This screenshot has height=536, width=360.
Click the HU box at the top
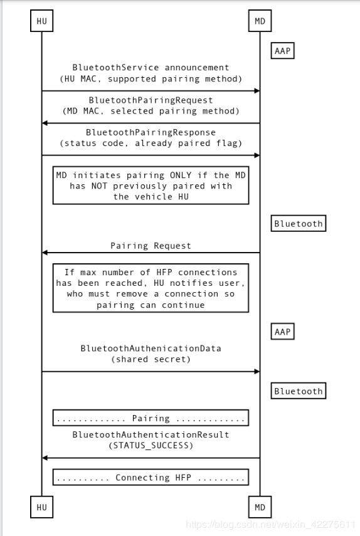click(42, 21)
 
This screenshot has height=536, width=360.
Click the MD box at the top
click(260, 21)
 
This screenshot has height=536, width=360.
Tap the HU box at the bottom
click(42, 507)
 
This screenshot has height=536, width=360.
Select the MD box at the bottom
click(260, 507)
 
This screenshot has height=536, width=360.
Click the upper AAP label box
click(282, 51)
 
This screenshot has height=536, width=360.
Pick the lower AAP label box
click(282, 332)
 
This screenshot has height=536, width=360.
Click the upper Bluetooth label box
click(299, 224)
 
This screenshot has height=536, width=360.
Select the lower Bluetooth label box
click(299, 391)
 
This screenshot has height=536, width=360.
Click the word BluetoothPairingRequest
click(151, 100)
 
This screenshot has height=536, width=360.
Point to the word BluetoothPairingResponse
click(151, 132)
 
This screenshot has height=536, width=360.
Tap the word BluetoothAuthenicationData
click(151, 349)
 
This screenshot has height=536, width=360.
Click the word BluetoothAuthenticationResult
click(151, 434)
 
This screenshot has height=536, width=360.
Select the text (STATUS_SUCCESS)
click(151, 446)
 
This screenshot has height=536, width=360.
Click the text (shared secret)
click(151, 359)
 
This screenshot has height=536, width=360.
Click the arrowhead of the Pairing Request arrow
click(45, 253)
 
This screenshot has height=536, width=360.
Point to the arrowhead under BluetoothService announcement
click(257, 90)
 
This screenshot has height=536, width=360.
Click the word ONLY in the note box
click(181, 176)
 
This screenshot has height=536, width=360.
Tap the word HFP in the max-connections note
click(164, 273)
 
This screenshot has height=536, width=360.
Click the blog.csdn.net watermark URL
click(270, 524)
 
